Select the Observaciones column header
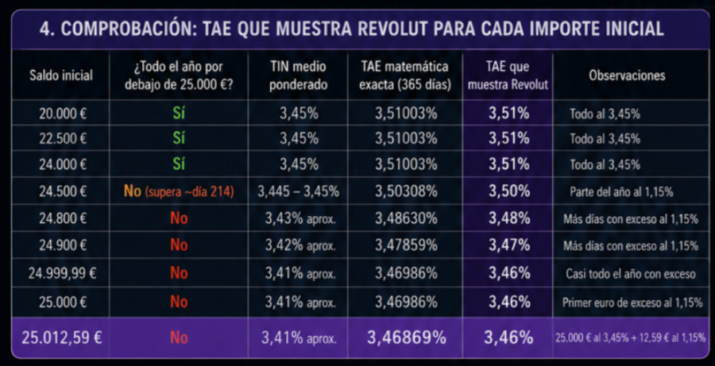627,75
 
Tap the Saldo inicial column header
61,75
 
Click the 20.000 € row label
63,114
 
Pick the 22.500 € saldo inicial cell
63,138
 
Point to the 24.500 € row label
63,191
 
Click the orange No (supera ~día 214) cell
179,191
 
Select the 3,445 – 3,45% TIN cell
298,191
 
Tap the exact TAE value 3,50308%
406,191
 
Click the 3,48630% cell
406,218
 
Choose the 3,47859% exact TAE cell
406,245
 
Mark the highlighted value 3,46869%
406,337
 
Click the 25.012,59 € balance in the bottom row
61,337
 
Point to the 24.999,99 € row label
63,273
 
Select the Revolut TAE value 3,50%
509,191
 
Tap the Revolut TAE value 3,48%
509,218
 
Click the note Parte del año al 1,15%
621,192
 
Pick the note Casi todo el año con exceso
631,273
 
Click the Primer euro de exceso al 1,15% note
632,302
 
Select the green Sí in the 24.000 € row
179,164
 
